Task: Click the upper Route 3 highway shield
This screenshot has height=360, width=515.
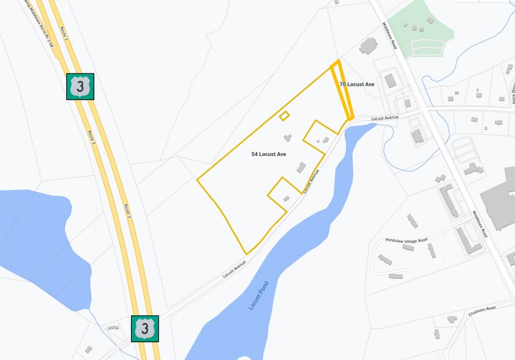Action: pyautogui.click(x=80, y=86)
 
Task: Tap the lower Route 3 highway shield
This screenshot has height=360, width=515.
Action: pyautogui.click(x=145, y=328)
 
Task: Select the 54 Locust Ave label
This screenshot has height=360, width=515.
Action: pyautogui.click(x=268, y=154)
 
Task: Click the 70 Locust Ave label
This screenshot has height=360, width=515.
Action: pyautogui.click(x=357, y=84)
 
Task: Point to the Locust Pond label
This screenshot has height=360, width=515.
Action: pyautogui.click(x=259, y=296)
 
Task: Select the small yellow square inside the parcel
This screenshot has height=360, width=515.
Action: pyautogui.click(x=284, y=116)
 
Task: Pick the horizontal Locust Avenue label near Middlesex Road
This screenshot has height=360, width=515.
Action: pyautogui.click(x=385, y=117)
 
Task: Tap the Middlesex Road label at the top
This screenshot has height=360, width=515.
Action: pyautogui.click(x=390, y=36)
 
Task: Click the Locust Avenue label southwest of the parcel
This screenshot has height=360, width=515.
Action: pyautogui.click(x=234, y=270)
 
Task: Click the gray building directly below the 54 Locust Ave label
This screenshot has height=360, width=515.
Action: pyautogui.click(x=301, y=167)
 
